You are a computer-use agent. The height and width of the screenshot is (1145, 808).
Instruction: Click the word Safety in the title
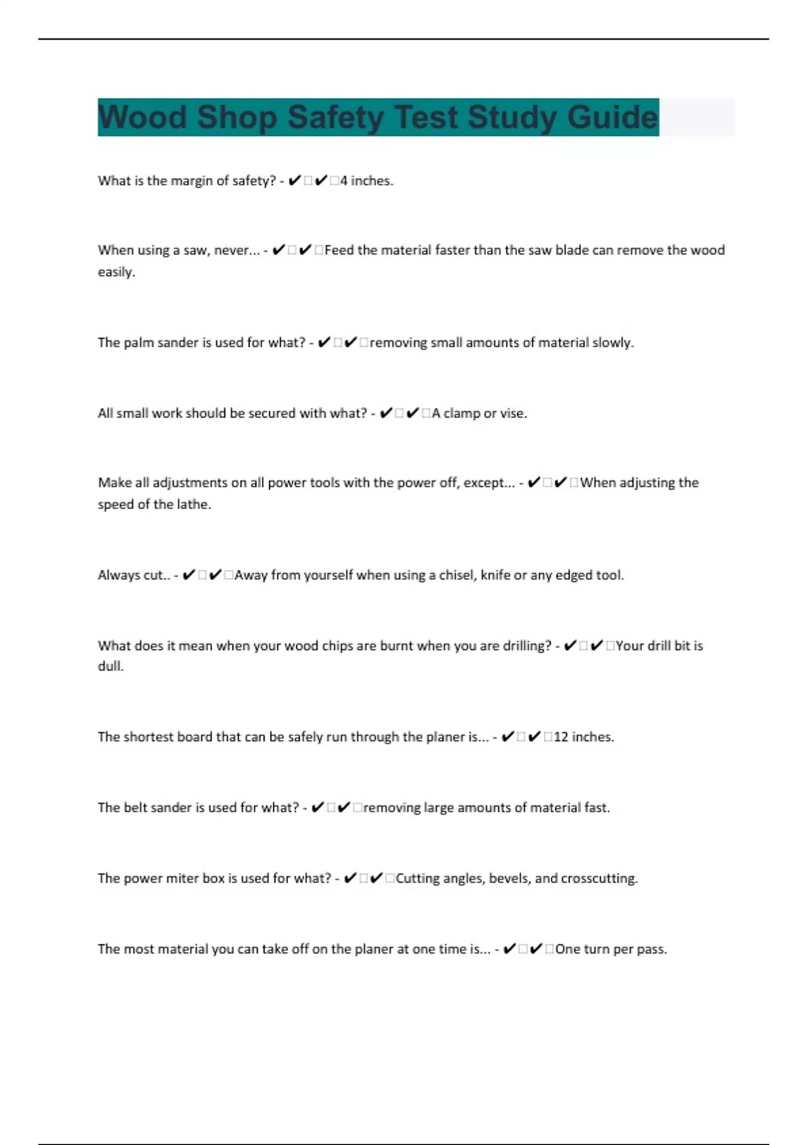pos(335,117)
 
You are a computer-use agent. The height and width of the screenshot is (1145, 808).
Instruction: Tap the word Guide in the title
pos(611,117)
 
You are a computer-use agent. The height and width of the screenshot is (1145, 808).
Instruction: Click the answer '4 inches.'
pos(366,181)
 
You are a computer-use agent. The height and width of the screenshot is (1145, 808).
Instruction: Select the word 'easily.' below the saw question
pos(116,272)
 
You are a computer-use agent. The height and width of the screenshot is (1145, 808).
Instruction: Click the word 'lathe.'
pos(195,504)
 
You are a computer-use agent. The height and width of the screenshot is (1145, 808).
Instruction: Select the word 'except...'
pos(489,482)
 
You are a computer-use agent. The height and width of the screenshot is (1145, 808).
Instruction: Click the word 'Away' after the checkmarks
pos(251,575)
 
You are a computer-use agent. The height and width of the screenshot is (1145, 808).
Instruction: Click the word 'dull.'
pos(111,666)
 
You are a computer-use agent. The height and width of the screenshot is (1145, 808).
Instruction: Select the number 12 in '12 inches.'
pos(561,737)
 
